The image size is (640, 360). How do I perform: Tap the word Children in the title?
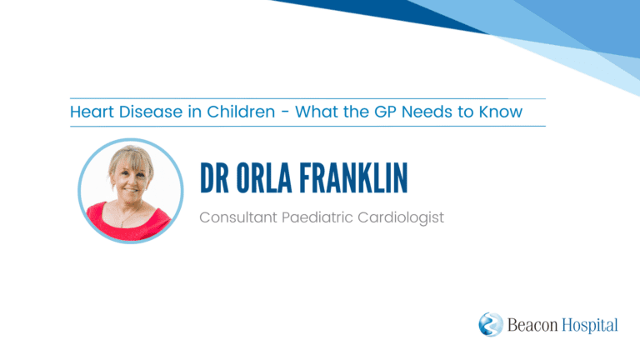click(x=241, y=112)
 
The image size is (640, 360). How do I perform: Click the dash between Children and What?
click(x=285, y=112)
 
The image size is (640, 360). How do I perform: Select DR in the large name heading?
click(x=215, y=178)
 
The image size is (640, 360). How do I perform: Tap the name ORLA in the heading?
click(x=264, y=178)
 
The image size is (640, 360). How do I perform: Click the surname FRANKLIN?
click(x=353, y=178)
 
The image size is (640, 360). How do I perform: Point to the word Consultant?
click(x=238, y=217)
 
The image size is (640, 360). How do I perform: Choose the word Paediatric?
click(x=317, y=217)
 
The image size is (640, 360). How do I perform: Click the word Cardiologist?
click(x=401, y=218)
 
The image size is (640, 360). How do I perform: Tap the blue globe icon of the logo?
click(x=491, y=324)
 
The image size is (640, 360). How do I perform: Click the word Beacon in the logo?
click(x=532, y=325)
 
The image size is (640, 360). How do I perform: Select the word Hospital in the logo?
click(x=590, y=326)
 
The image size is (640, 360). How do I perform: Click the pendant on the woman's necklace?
click(x=122, y=224)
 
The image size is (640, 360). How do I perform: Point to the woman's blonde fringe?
click(x=132, y=160)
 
